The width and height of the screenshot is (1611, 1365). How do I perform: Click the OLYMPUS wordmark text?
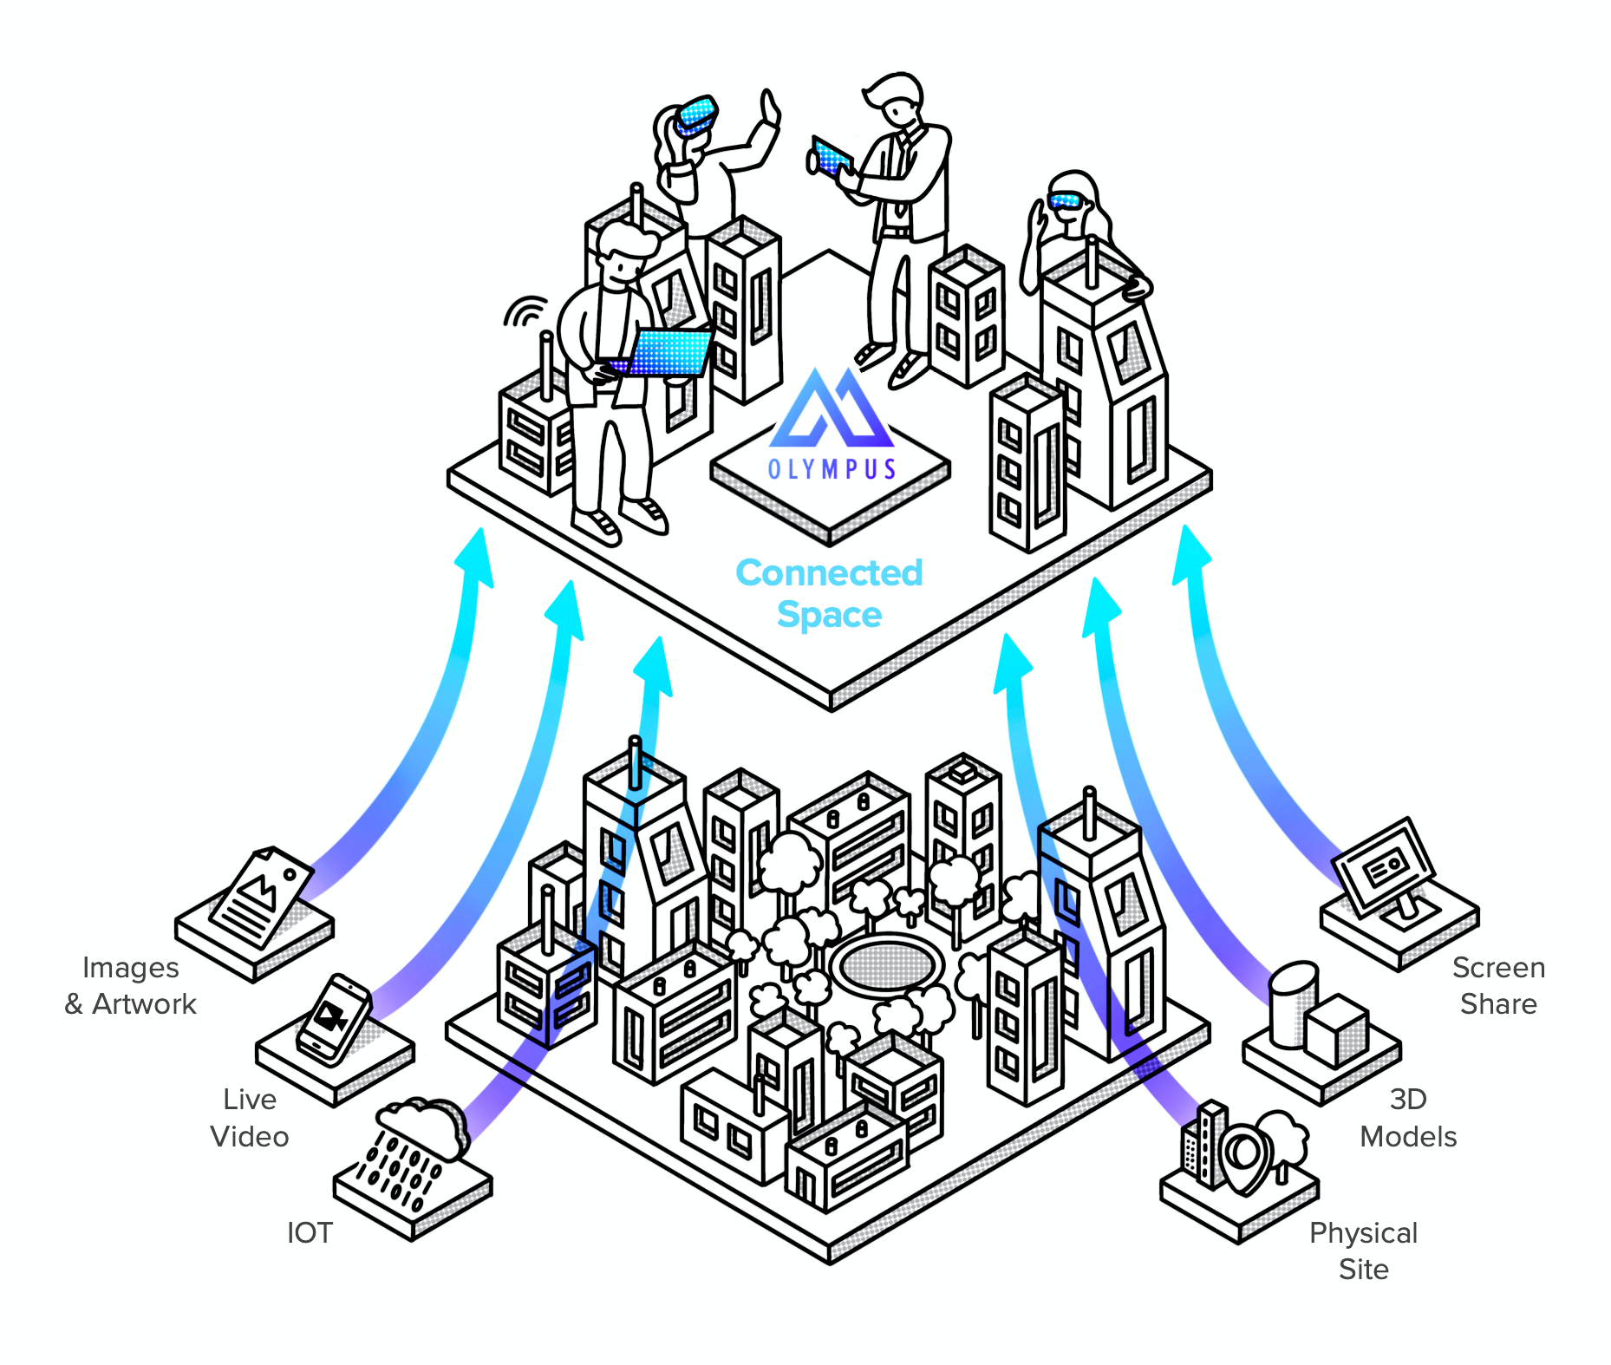tap(832, 469)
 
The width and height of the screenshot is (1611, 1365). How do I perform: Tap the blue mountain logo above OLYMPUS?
tap(831, 408)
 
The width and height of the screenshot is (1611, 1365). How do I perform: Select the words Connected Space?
tap(829, 593)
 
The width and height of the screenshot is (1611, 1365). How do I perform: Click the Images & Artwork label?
tap(131, 985)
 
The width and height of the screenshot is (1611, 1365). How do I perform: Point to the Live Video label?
tap(250, 1118)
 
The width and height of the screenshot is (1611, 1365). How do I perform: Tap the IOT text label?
tap(310, 1232)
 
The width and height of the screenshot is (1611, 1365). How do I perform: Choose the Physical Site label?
tap(1363, 1251)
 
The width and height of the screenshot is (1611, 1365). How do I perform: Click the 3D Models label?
tap(1408, 1118)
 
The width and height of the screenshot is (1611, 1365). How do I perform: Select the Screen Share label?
tap(1498, 985)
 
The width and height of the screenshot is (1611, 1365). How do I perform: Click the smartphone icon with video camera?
tap(333, 1018)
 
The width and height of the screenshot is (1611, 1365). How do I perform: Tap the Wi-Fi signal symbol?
tap(525, 310)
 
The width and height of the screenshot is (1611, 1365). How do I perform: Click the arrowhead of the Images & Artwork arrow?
tap(476, 555)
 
